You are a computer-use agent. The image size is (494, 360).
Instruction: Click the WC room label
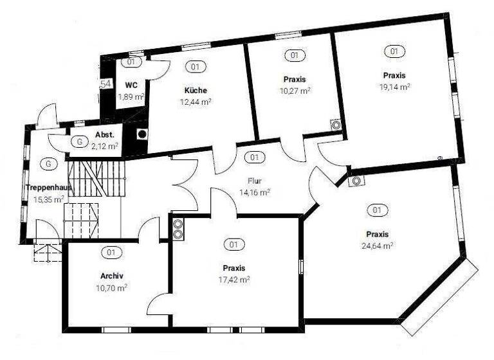point(131,85)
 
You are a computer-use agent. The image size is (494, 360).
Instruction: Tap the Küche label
point(196,90)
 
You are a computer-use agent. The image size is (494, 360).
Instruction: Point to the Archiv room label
point(112,276)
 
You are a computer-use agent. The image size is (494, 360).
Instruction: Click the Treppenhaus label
point(48,188)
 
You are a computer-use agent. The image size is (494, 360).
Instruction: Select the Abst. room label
point(104,135)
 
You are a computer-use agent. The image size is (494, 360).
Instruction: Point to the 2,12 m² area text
point(104,146)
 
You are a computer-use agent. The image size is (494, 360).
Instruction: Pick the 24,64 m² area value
point(378,245)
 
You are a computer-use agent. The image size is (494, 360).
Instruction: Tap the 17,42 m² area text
point(235,280)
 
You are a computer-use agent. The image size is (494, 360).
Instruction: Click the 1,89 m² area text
point(131,96)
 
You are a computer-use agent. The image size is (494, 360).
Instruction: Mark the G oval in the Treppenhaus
point(48,163)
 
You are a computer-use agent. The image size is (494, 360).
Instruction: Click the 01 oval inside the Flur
point(255,157)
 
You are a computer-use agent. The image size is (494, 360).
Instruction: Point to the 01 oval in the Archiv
point(111,253)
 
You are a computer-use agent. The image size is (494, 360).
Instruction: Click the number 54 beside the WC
point(105,84)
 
